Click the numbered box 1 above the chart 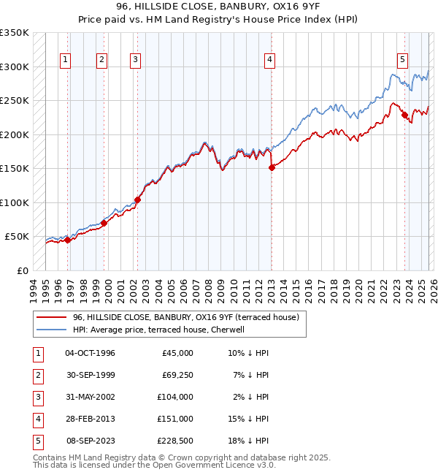click(66, 60)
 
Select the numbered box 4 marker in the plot click(269, 60)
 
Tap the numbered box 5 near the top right click(403, 60)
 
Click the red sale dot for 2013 click(272, 167)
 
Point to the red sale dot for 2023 click(404, 115)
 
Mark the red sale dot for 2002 click(137, 199)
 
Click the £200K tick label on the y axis click(15, 134)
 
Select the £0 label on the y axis click(22, 270)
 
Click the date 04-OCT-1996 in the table click(90, 353)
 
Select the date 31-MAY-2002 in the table click(90, 397)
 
